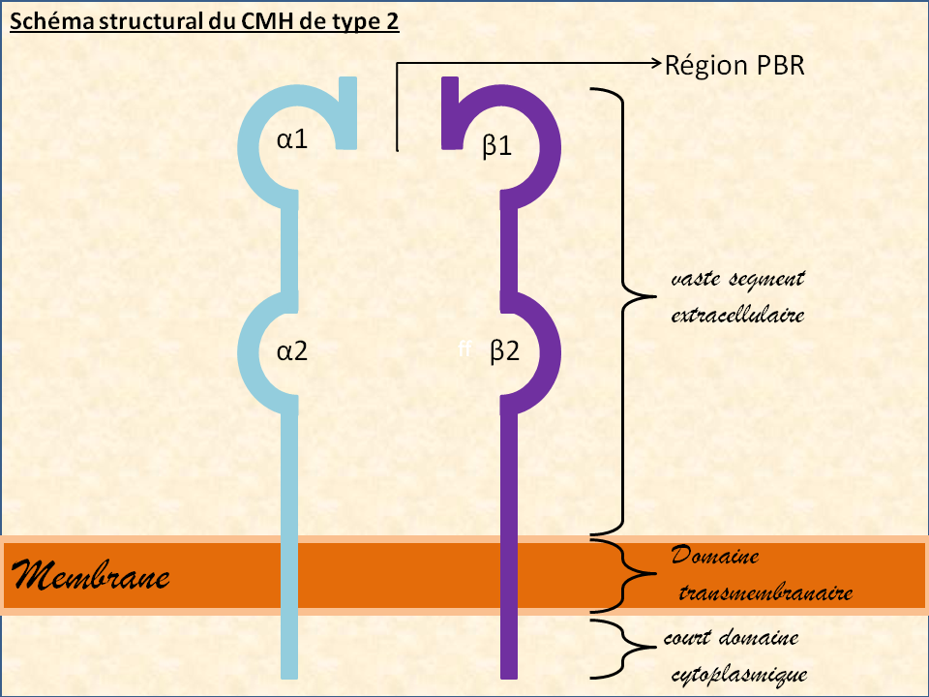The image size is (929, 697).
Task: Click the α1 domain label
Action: (291, 139)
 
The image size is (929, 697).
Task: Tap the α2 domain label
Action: (291, 351)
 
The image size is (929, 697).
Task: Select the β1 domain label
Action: (496, 146)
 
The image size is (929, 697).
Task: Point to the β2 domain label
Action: (504, 351)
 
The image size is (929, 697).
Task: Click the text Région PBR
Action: (734, 65)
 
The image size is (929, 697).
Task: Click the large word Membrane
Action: (91, 577)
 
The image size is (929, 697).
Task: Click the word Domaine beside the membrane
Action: (715, 558)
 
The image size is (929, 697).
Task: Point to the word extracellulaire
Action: (737, 315)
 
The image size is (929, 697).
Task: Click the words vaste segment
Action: (737, 280)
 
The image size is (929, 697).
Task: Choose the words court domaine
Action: (731, 639)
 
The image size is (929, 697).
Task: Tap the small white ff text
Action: (464, 351)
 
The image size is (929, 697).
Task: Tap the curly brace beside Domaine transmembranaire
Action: (614, 576)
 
